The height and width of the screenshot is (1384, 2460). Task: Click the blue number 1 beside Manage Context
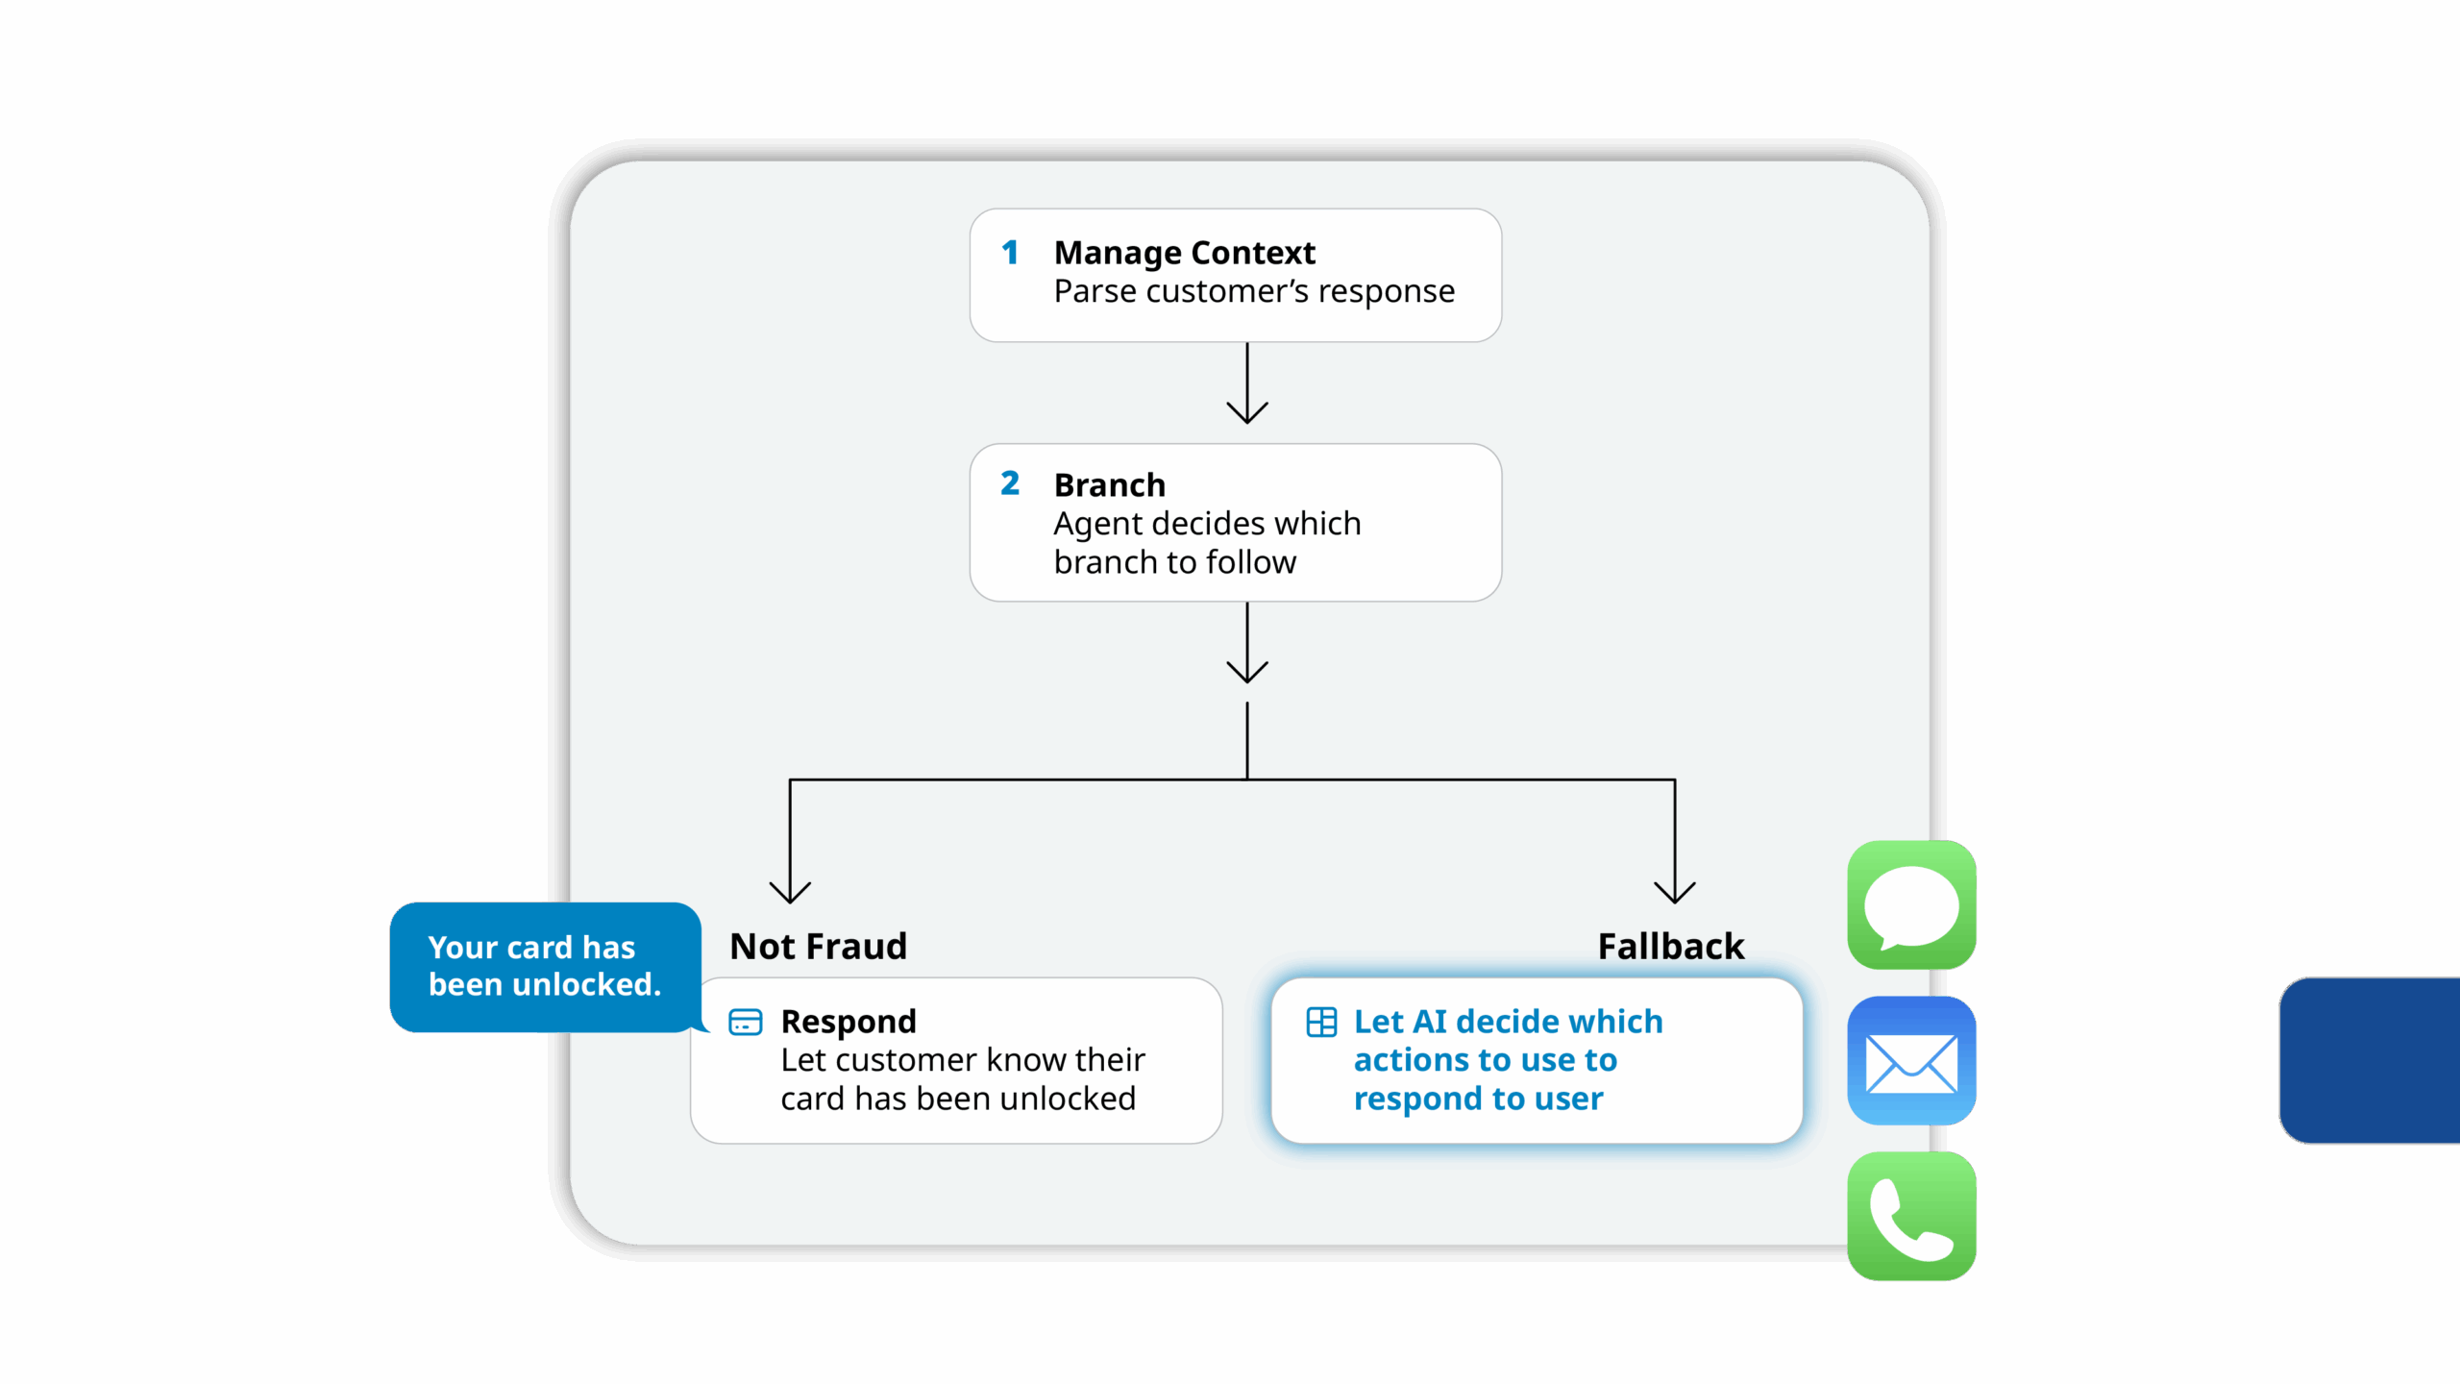click(1010, 253)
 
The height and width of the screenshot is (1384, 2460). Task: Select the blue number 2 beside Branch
click(1010, 483)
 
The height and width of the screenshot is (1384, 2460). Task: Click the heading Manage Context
click(1184, 253)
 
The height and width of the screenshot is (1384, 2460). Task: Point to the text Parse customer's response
click(1254, 291)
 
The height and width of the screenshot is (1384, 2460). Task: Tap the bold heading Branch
click(1109, 485)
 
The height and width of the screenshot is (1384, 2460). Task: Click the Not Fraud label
click(818, 947)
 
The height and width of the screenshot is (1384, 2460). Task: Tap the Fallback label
click(1670, 947)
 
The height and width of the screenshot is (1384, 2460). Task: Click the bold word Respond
click(849, 1022)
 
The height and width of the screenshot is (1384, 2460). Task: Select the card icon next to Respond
click(746, 1023)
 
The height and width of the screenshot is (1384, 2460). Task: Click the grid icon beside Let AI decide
click(1321, 1023)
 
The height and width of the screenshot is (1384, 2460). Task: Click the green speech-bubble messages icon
click(1911, 905)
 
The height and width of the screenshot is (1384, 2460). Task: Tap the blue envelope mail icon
click(1911, 1061)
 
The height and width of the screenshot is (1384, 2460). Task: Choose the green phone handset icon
click(1911, 1217)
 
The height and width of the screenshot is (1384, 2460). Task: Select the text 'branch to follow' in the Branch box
click(1174, 562)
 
